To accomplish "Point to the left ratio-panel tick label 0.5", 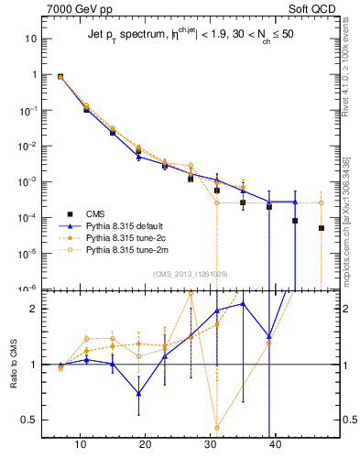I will (34, 420).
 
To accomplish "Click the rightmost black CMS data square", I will (322, 228).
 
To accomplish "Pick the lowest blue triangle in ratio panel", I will (138, 393).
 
